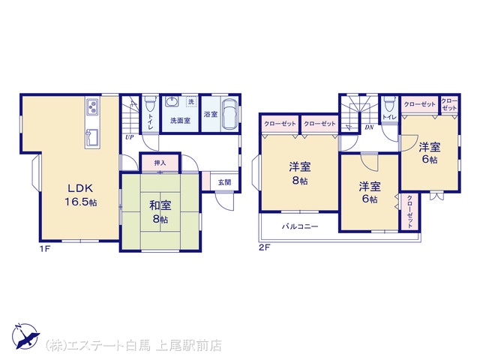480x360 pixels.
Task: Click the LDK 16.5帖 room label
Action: (x=80, y=195)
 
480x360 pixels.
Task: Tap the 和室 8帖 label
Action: (x=160, y=211)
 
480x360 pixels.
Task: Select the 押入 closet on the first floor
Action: (x=160, y=163)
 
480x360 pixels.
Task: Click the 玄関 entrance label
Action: (x=224, y=182)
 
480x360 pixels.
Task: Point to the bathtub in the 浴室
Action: (x=229, y=115)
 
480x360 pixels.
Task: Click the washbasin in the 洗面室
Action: (x=172, y=102)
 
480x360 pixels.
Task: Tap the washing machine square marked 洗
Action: (x=191, y=102)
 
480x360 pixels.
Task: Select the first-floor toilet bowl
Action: (x=150, y=104)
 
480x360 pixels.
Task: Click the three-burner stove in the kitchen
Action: (x=92, y=107)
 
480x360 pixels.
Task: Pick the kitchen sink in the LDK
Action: (x=91, y=136)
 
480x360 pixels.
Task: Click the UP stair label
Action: (x=130, y=137)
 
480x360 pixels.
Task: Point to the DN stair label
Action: (x=370, y=127)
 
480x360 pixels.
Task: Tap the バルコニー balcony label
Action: (x=300, y=226)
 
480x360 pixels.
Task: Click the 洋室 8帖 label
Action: (x=300, y=173)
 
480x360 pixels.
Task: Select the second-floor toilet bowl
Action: (x=388, y=103)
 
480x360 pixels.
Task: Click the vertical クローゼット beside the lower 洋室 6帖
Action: (x=409, y=211)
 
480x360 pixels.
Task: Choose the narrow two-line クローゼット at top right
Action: (x=449, y=104)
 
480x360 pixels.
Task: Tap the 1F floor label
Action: (x=45, y=248)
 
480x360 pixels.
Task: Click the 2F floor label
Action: (x=265, y=247)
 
